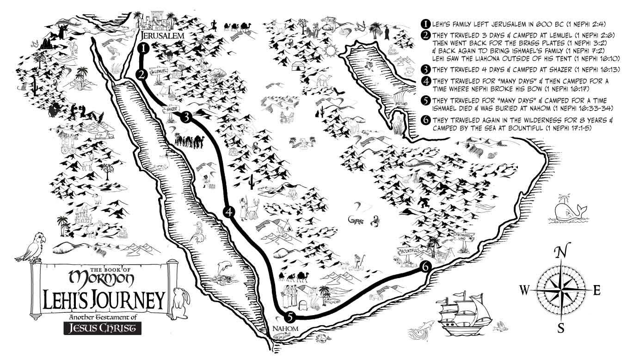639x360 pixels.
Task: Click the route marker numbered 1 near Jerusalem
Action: [x=144, y=48]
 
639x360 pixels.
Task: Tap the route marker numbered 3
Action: [x=186, y=117]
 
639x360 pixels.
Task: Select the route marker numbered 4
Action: [x=229, y=212]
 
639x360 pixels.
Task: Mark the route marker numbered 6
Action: [x=427, y=267]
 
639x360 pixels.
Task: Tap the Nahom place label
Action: [x=285, y=329]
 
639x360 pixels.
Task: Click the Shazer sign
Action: [x=170, y=109]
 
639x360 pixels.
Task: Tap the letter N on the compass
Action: [x=561, y=252]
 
